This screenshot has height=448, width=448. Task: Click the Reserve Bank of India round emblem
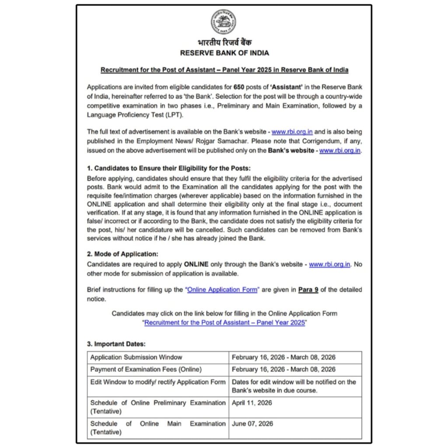(224, 21)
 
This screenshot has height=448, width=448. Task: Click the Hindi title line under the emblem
(224, 43)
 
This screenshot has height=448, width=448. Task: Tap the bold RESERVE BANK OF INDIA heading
(224, 53)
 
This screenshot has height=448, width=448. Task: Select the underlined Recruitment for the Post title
(224, 70)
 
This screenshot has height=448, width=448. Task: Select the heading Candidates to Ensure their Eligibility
(169, 168)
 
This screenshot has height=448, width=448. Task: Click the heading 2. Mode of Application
(122, 254)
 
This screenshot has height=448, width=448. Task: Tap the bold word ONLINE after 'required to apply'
(196, 265)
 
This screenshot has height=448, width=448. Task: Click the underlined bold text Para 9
(308, 290)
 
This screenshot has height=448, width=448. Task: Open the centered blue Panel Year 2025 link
(224, 322)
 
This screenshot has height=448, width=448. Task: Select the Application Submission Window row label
(136, 357)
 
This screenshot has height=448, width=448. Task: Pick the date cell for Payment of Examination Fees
(283, 370)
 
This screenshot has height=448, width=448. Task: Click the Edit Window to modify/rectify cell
(157, 382)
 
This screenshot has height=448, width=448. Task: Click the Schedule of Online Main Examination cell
(157, 428)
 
